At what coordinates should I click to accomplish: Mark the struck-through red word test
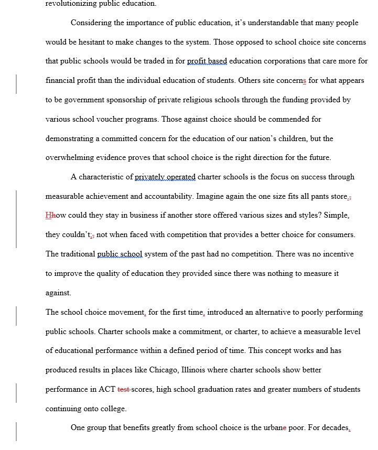click(123, 389)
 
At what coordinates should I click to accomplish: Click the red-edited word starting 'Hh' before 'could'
click(50, 216)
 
